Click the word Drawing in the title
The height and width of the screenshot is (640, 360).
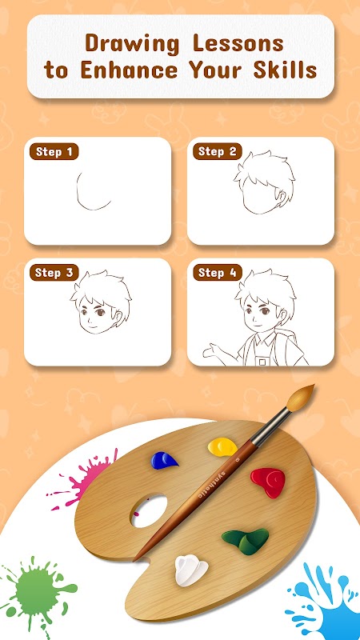133,44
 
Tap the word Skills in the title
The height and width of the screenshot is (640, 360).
286,70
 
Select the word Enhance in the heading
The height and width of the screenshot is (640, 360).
129,70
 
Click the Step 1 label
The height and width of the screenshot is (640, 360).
54,152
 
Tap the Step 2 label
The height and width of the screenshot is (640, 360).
217,152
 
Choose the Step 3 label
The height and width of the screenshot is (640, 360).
54,273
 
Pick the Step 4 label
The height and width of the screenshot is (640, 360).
217,273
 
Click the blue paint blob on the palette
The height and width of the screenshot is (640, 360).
164,461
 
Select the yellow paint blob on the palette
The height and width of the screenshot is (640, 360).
222,446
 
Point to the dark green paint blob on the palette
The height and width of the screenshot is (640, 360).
246,541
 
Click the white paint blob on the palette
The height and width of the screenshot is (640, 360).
191,571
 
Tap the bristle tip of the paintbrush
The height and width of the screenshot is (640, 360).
301,397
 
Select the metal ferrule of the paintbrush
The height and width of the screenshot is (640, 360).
270,426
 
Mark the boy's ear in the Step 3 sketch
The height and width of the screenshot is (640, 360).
119,316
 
